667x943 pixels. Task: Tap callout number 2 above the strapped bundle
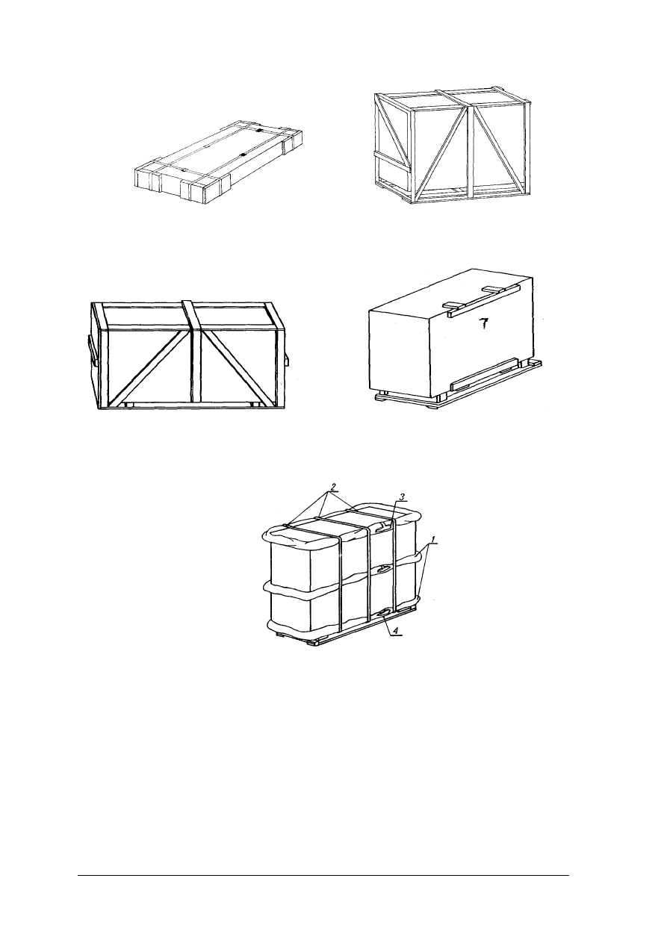[x=333, y=487]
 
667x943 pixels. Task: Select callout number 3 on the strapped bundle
[x=401, y=497]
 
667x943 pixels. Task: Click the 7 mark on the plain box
[x=485, y=324]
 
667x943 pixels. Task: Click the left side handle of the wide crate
[x=92, y=350]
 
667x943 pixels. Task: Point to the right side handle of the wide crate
[x=286, y=359]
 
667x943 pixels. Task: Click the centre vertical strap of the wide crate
[x=193, y=355]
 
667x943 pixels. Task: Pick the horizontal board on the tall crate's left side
[x=391, y=162]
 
